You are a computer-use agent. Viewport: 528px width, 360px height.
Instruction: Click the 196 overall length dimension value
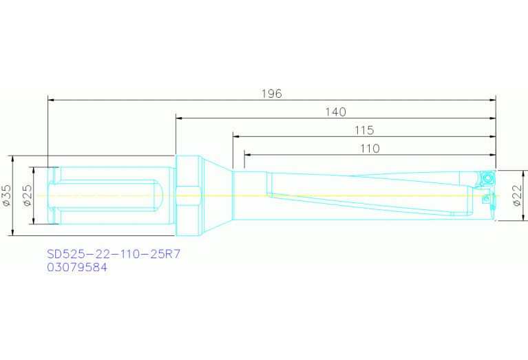[272, 94]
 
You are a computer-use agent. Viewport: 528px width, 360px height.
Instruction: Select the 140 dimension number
[335, 112]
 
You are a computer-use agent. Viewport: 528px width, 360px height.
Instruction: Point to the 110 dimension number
[370, 148]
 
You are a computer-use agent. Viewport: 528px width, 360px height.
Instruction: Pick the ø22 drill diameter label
[517, 195]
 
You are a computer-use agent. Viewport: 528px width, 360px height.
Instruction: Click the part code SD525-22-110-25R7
[114, 255]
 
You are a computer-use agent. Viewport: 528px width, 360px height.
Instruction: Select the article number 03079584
[77, 268]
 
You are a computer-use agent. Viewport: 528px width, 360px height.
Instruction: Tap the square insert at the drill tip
[488, 178]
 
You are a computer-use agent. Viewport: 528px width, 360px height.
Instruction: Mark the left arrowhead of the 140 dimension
[179, 118]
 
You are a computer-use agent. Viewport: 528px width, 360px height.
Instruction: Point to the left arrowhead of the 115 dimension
[236, 136]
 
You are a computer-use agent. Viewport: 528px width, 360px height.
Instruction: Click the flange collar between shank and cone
[187, 195]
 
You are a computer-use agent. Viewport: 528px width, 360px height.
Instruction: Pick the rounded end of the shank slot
[159, 195]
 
